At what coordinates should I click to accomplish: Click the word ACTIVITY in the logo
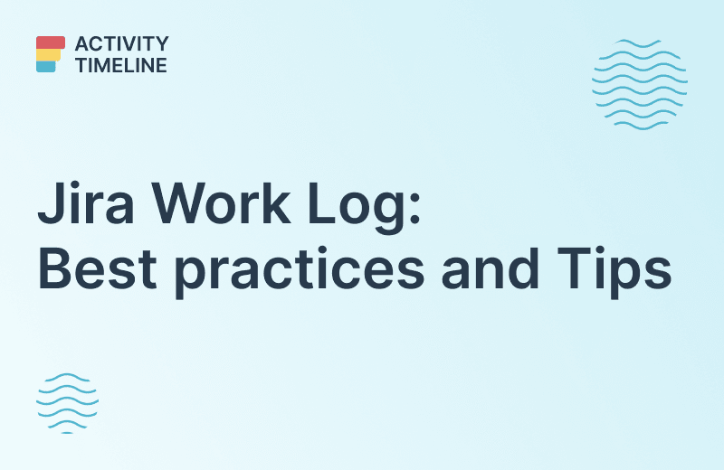pos(121,43)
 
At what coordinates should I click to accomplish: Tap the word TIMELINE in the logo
pos(121,65)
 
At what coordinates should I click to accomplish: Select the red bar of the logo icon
pos(51,42)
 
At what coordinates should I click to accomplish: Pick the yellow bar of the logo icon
pos(48,54)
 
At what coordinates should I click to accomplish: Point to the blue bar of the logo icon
pos(46,66)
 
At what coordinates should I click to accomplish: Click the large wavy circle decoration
pos(639,83)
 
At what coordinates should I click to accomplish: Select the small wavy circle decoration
pos(67,402)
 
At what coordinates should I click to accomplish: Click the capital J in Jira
pos(50,207)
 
